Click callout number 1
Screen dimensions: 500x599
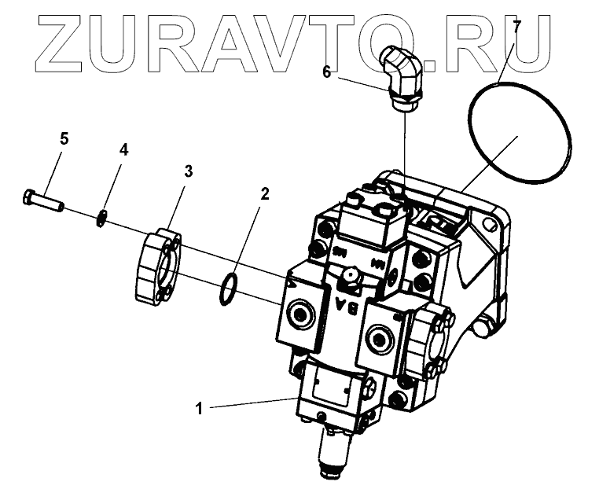[200, 408]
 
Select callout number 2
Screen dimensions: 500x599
[265, 194]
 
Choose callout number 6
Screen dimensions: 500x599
[327, 72]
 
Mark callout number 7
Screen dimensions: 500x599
[516, 26]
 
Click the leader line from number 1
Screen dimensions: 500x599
[252, 404]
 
